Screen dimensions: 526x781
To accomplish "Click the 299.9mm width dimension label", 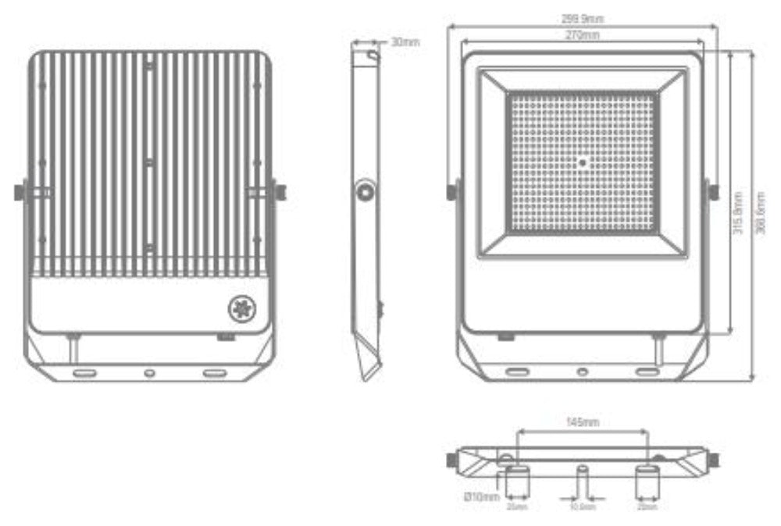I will pyautogui.click(x=582, y=19).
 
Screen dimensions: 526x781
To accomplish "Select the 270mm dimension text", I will pyautogui.click(x=582, y=35).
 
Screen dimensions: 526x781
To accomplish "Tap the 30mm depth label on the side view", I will pyautogui.click(x=405, y=42).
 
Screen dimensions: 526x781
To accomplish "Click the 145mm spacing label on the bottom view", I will pyautogui.click(x=582, y=422).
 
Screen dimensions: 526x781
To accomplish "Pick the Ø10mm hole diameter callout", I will pyautogui.click(x=481, y=496).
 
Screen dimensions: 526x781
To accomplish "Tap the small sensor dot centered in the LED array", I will pyautogui.click(x=583, y=162).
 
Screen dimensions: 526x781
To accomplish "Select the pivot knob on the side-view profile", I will pyautogui.click(x=365, y=191).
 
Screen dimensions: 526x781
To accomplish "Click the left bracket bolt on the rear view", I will pyautogui.click(x=20, y=191).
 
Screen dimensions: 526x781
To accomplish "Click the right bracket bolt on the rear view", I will pyautogui.click(x=279, y=191).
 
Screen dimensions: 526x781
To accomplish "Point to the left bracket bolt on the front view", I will pyautogui.click(x=452, y=191).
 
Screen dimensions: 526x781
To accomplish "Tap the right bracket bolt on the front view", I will pyautogui.click(x=712, y=191).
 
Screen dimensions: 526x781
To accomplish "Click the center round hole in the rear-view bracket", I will pyautogui.click(x=149, y=373).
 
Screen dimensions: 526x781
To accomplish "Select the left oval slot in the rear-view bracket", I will pyautogui.click(x=84, y=373).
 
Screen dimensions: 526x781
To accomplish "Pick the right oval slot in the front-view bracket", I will pyautogui.click(x=647, y=372).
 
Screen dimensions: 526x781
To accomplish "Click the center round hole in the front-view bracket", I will pyautogui.click(x=582, y=372).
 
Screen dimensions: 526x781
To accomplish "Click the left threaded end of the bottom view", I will pyautogui.click(x=452, y=460).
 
